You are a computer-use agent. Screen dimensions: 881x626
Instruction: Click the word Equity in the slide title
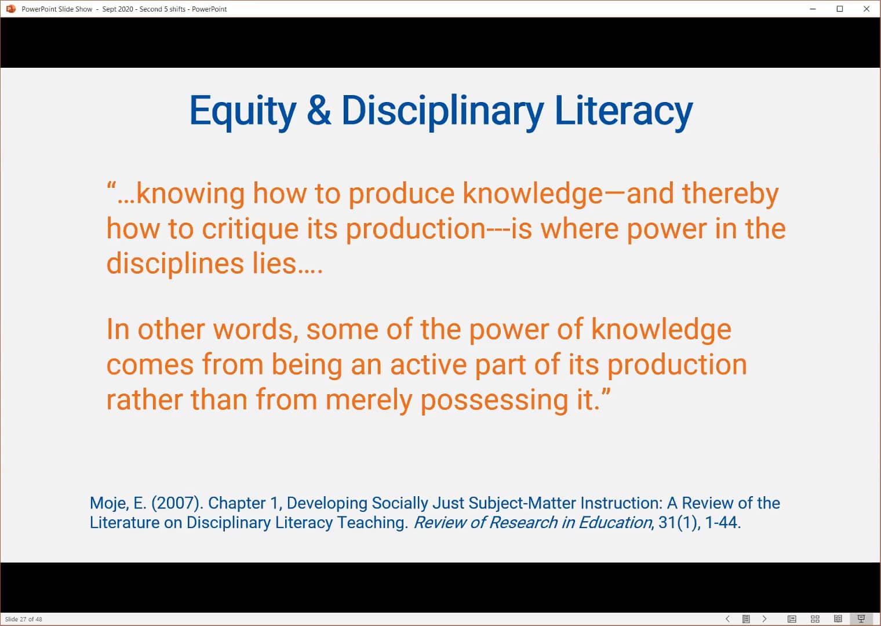tap(243, 112)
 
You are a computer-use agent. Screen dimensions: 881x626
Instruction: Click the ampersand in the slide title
tap(319, 111)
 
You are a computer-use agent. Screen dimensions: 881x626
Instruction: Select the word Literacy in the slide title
tap(624, 112)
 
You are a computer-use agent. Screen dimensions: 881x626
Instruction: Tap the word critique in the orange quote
tap(250, 230)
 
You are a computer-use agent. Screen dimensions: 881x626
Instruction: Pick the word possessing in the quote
tap(494, 401)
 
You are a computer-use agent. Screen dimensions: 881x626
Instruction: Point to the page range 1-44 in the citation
tap(723, 523)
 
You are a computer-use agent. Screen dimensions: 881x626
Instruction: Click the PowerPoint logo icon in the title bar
tap(11, 9)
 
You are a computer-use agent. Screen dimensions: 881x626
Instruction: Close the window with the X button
tap(867, 9)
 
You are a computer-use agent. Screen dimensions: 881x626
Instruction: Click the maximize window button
tap(840, 9)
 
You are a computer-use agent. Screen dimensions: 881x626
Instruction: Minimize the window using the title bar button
tap(813, 9)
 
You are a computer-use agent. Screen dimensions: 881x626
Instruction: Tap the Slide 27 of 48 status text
tap(24, 619)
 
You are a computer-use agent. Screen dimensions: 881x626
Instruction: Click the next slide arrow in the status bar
tap(764, 619)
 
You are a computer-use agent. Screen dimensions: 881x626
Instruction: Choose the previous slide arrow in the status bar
tap(727, 619)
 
